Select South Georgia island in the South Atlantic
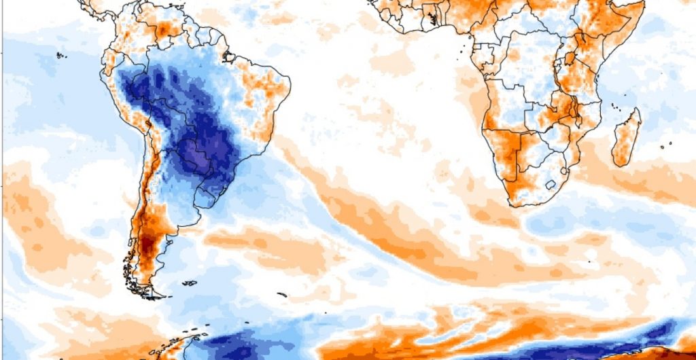point(282,294)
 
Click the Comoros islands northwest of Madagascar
point(614,105)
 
